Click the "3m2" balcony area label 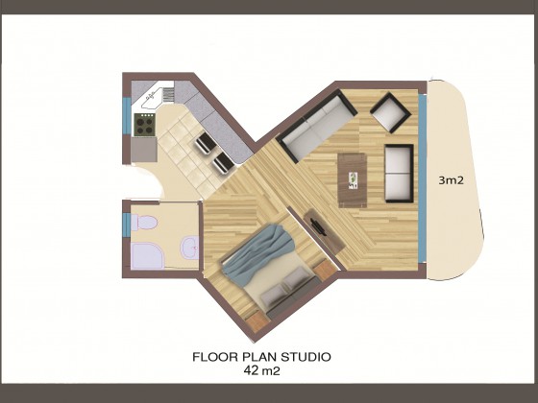coord(452,180)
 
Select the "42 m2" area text coord(261,370)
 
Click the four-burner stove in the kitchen coord(144,124)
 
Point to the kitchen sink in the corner coord(152,98)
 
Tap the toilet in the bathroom coord(143,222)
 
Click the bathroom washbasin coord(190,248)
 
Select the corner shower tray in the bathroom coord(146,255)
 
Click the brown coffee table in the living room coord(352,180)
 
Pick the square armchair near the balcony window coord(390,112)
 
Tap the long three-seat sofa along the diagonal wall coord(317,126)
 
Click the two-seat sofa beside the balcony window coord(399,174)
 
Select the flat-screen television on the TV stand coord(318,225)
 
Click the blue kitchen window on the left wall coord(127,116)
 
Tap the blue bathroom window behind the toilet coord(127,225)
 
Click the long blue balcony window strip coord(423,178)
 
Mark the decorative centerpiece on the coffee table coord(353,180)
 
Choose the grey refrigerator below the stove coord(144,150)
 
